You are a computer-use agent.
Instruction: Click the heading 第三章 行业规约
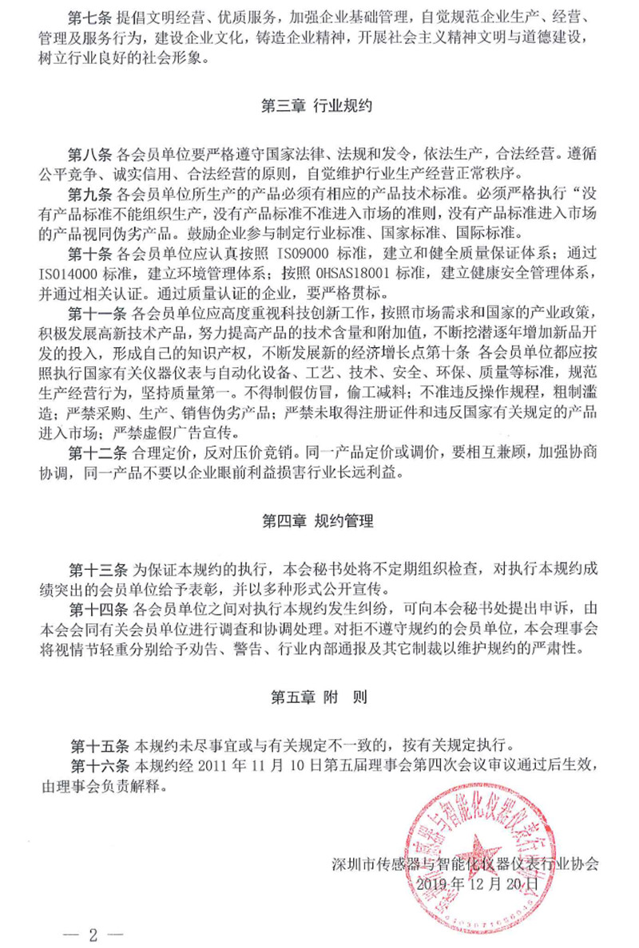point(317,106)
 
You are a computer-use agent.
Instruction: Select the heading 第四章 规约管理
point(317,523)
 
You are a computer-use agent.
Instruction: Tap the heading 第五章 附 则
point(318,697)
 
